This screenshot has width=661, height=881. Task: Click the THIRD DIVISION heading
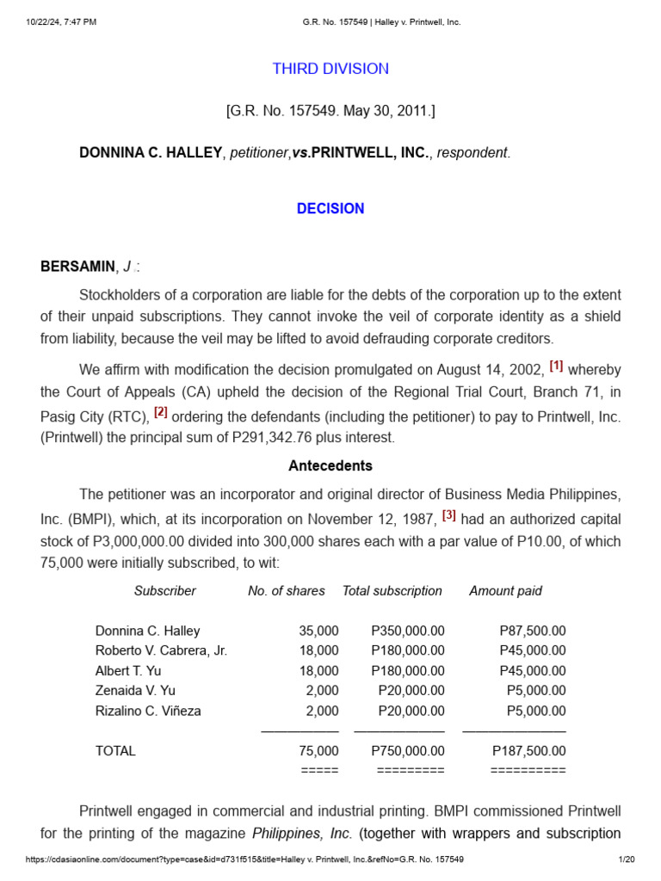point(330,69)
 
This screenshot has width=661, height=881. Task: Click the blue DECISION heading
point(330,208)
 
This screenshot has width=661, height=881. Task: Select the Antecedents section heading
point(330,465)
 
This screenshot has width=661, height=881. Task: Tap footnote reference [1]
point(556,366)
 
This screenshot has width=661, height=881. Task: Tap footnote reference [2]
point(161,412)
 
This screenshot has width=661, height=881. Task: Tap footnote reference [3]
point(448,515)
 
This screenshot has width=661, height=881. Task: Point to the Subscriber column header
point(164,591)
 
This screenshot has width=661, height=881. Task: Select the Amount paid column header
point(505,591)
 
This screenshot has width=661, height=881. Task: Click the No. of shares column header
point(287,591)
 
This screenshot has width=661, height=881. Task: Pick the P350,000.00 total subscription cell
point(408,631)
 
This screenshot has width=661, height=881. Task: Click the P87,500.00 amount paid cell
point(532,631)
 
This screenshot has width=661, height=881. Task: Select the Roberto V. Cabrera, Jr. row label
point(161,650)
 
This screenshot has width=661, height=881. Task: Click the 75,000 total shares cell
point(318,751)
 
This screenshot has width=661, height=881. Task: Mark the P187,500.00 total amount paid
point(528,751)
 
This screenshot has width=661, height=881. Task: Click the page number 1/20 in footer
point(627,859)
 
